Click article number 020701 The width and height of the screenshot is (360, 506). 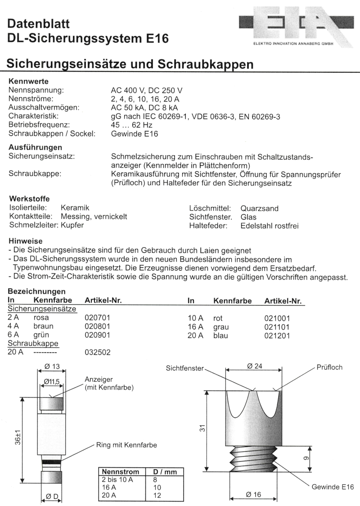[x=97, y=318]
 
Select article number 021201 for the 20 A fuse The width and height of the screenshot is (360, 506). [x=277, y=336]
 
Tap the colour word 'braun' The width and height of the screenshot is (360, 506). [x=44, y=327]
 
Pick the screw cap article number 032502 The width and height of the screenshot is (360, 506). [x=97, y=353]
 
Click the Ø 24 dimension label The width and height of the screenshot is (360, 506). [x=255, y=366]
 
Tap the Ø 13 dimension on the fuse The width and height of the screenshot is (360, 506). [x=52, y=367]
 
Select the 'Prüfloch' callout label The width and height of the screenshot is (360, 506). [x=329, y=367]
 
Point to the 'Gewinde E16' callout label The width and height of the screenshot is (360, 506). [x=333, y=487]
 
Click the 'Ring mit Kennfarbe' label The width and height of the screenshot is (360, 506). [x=126, y=445]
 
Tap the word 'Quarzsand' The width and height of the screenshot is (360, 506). [x=260, y=208]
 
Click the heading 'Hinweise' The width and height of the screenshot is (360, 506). [x=25, y=241]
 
